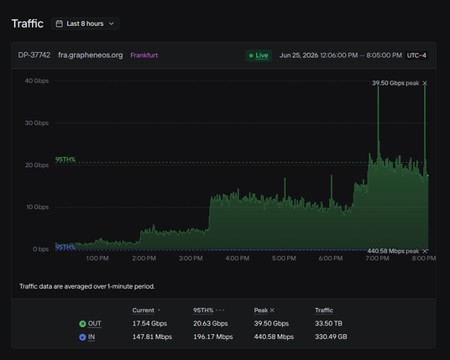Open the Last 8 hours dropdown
[86, 23]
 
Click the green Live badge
[259, 55]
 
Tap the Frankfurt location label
[144, 55]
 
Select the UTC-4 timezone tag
[416, 55]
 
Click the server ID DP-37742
[34, 55]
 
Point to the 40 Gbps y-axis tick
[37, 81]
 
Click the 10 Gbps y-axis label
[37, 206]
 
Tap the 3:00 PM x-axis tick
[191, 258]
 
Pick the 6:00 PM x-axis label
[331, 258]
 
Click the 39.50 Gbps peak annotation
[395, 83]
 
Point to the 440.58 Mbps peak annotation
[393, 251]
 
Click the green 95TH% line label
[65, 159]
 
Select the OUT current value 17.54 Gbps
[149, 323]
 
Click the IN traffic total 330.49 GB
[331, 337]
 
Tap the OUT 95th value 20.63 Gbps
[211, 323]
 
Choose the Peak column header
[261, 310]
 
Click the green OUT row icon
[82, 324]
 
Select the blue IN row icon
[82, 337]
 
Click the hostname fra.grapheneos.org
[91, 55]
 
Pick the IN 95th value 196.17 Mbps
[213, 337]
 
